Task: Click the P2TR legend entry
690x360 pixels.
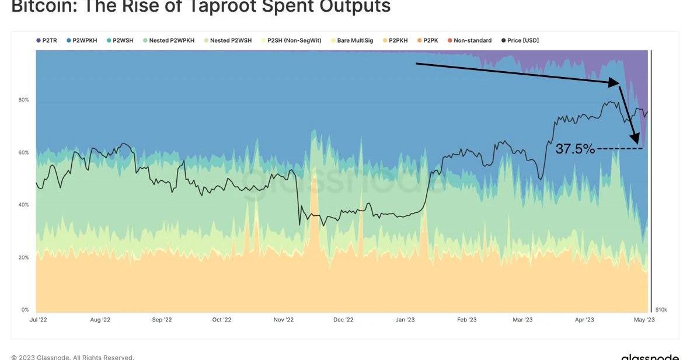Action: tap(47, 41)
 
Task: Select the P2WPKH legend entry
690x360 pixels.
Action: tap(82, 41)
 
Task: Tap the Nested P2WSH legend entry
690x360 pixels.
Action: tap(227, 41)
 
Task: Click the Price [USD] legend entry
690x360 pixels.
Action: tap(520, 41)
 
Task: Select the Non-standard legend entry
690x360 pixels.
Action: tap(469, 41)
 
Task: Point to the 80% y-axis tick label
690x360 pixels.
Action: tap(23, 100)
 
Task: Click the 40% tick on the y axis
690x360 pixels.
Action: tap(23, 205)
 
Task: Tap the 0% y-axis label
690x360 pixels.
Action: tap(25, 310)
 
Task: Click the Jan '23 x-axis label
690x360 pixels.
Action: tap(405, 320)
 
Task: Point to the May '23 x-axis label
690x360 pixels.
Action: tap(645, 320)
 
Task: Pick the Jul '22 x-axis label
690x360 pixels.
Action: tap(39, 320)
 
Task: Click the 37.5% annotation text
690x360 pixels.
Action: tap(575, 149)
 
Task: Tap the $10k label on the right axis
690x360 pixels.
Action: tap(661, 310)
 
